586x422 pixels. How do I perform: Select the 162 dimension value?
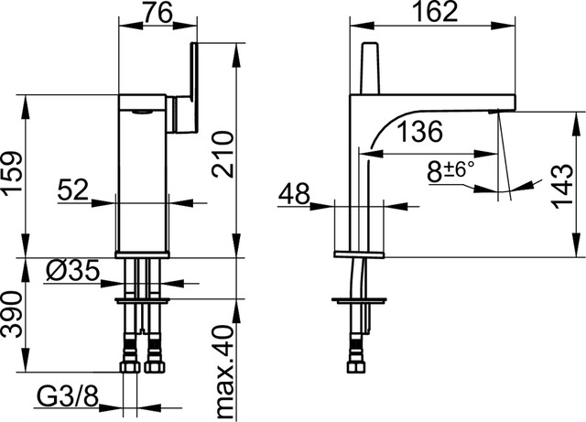[436, 12]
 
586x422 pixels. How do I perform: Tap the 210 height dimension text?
[224, 154]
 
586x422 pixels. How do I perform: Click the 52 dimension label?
[73, 189]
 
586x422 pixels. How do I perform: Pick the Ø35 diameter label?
[73, 270]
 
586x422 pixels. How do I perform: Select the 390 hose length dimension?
[11, 315]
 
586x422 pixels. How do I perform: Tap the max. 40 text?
[225, 371]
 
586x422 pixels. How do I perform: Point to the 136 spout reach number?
[419, 132]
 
